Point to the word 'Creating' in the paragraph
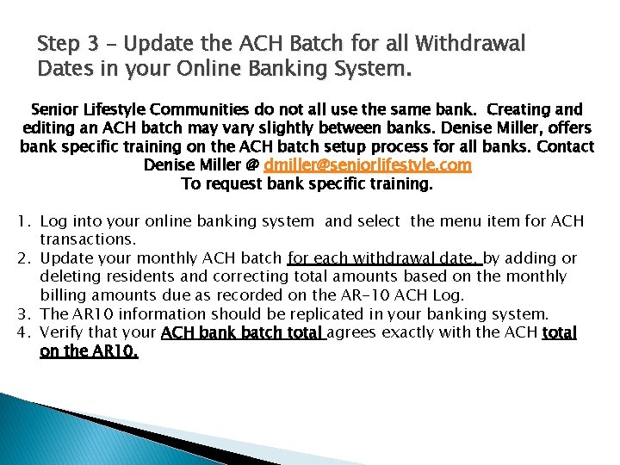tap(518, 110)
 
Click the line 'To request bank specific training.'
tap(307, 183)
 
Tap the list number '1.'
tap(25, 222)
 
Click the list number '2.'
tap(25, 258)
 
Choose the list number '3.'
tap(25, 313)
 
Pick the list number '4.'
tap(25, 332)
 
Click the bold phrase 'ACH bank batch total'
tap(242, 332)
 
